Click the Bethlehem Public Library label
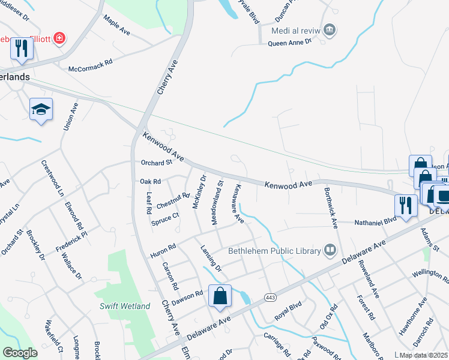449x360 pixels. click(x=274, y=251)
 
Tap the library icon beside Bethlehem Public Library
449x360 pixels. click(x=330, y=250)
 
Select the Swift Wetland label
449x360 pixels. click(x=125, y=306)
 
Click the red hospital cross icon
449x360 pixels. click(x=59, y=40)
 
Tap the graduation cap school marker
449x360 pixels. click(x=41, y=109)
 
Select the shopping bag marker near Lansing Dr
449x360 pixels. click(x=220, y=296)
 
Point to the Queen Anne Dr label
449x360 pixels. click(x=290, y=43)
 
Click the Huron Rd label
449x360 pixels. click(x=163, y=251)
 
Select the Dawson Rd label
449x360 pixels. click(x=186, y=296)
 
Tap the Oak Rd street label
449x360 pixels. click(x=150, y=181)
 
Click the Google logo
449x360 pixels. click(x=20, y=353)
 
